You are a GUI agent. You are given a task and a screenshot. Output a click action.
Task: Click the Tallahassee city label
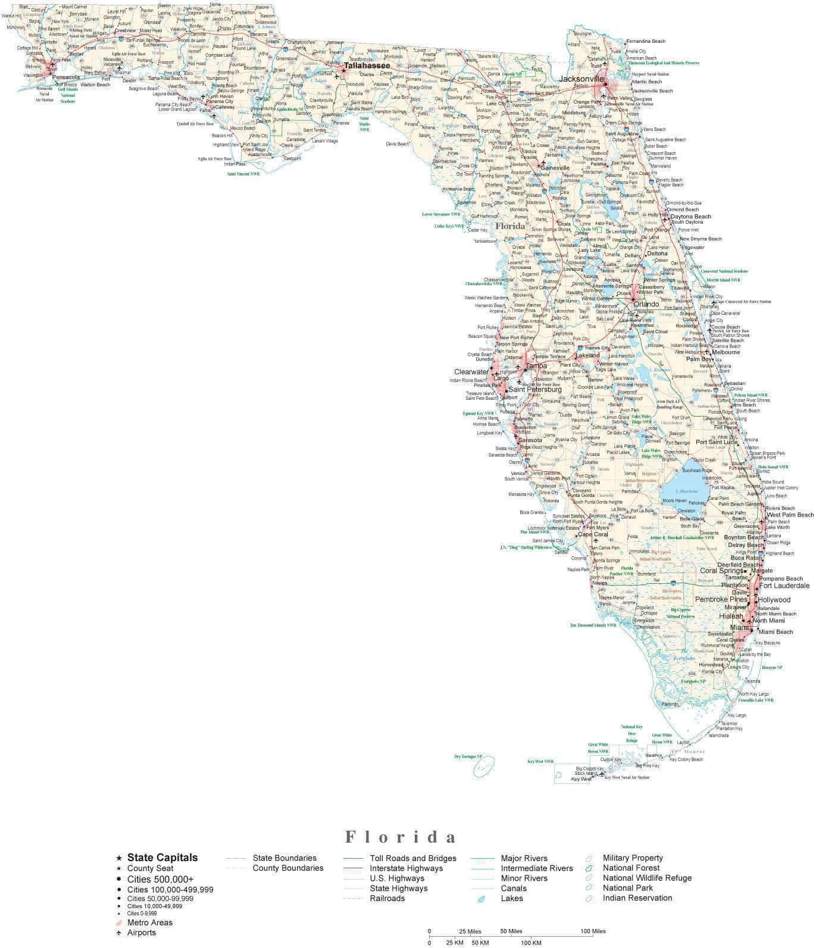(x=367, y=65)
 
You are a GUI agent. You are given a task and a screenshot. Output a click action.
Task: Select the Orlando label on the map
(x=646, y=304)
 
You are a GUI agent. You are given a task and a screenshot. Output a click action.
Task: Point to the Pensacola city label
(x=65, y=77)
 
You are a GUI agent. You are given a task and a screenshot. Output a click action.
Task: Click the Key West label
(x=581, y=779)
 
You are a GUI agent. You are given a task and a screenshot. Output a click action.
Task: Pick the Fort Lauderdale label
(x=784, y=586)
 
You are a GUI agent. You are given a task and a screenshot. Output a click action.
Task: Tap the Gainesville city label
(x=555, y=168)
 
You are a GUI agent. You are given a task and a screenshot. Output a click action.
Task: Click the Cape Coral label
(x=592, y=534)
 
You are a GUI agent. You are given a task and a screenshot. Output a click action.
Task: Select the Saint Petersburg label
(x=534, y=390)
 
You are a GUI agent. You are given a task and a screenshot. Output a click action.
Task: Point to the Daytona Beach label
(x=691, y=217)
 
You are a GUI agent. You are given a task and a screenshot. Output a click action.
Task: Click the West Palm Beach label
(x=790, y=515)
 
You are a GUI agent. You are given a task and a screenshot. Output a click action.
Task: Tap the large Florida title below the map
(x=401, y=837)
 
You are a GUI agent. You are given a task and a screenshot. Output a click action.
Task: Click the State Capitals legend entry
(x=162, y=858)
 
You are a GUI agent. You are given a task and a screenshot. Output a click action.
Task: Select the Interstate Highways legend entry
(x=406, y=868)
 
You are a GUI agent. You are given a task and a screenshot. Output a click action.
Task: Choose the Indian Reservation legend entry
(x=637, y=898)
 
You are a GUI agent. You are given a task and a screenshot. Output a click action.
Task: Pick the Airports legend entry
(x=141, y=933)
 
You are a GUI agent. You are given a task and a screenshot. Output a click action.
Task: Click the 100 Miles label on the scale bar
(x=593, y=931)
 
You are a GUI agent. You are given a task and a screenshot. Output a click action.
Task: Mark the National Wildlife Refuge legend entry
(x=647, y=878)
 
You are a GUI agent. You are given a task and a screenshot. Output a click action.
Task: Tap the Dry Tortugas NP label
(x=468, y=756)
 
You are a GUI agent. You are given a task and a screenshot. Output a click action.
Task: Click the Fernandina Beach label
(x=646, y=41)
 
